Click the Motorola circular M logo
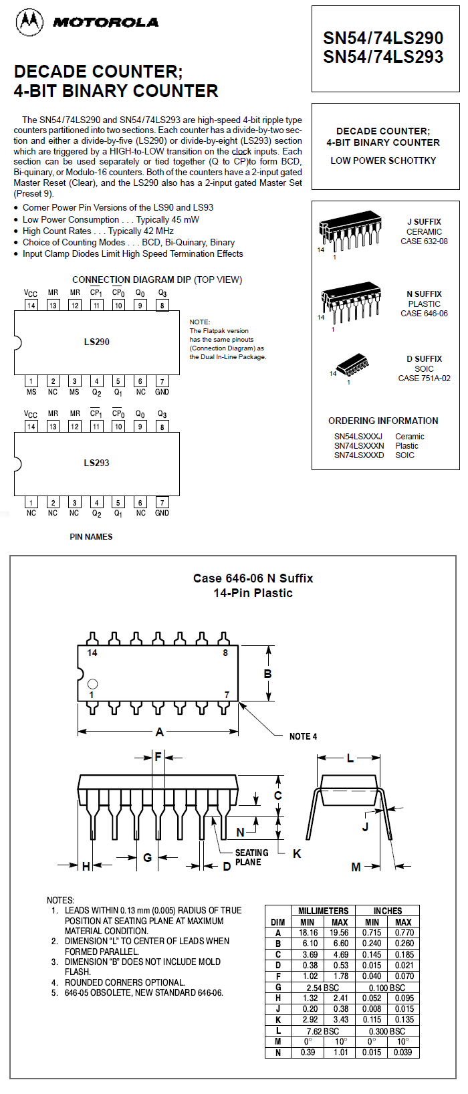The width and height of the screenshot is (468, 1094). (29, 23)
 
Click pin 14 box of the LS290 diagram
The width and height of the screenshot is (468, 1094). (31, 305)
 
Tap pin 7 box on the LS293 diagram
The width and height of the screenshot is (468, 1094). (162, 502)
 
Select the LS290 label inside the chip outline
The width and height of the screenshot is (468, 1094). (97, 342)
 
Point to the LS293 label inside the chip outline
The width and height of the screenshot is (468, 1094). (97, 463)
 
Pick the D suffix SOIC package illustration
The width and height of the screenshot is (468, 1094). (351, 367)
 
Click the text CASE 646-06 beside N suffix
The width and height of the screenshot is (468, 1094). (424, 314)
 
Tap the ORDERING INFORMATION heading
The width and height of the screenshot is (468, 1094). (383, 421)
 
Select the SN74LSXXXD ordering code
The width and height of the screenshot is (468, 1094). (359, 455)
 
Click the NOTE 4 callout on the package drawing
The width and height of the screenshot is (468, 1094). (303, 736)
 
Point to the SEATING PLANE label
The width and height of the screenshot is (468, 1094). (251, 857)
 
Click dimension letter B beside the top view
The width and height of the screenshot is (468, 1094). (267, 674)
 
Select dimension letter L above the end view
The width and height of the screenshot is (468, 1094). (350, 758)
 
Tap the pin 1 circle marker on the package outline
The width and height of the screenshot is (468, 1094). (92, 683)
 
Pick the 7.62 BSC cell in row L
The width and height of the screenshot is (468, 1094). (323, 1031)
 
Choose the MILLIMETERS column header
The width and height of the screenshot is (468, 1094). (324, 911)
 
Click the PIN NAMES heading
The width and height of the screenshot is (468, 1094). (91, 537)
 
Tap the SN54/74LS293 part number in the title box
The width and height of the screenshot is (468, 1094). (383, 57)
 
